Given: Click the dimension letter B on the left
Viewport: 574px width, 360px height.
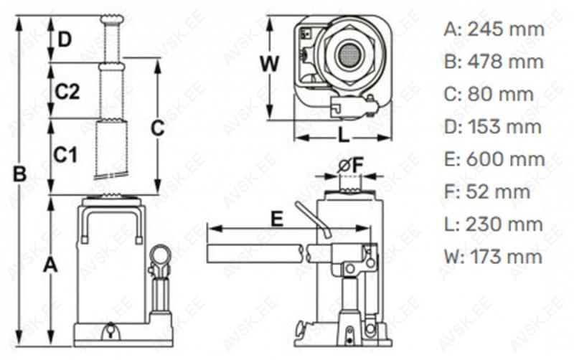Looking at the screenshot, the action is (20, 174).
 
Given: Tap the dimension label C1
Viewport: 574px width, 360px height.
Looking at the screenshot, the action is (65, 154).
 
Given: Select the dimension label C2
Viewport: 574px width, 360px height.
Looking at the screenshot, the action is (67, 92).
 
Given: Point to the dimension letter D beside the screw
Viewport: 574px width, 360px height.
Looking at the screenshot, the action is (65, 39).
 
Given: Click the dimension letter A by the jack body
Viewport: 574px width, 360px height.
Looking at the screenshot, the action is (50, 265).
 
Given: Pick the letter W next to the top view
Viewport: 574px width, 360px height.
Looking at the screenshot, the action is (270, 64).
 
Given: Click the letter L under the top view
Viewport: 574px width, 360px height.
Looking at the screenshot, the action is (343, 136).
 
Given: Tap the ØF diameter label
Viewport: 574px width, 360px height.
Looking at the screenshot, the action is (350, 166).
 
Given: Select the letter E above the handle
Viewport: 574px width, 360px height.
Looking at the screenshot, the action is (277, 219).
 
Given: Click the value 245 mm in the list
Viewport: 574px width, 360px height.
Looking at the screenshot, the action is (506, 29).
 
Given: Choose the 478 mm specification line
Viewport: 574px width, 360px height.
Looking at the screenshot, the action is (494, 62).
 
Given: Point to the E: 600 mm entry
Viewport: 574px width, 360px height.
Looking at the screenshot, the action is (494, 159).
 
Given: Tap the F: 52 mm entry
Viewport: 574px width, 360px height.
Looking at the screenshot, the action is (487, 191).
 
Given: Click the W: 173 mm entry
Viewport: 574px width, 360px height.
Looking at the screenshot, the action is (493, 256).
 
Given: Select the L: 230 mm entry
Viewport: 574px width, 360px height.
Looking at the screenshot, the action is (494, 224).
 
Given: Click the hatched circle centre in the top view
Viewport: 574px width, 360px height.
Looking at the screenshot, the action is (349, 55).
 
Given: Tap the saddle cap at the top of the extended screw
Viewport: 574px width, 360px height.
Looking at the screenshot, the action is (112, 19).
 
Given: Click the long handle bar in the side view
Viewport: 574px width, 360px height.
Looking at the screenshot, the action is (255, 254).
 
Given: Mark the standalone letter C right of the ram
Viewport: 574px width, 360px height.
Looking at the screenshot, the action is (157, 128).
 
